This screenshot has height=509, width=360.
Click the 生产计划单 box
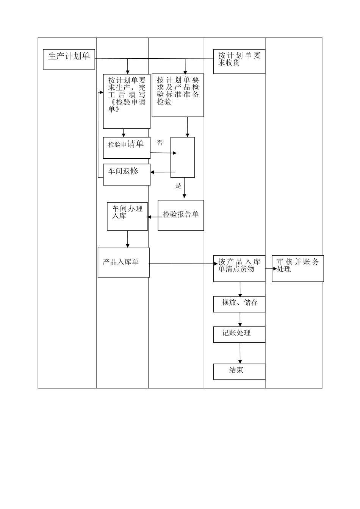point(69,59)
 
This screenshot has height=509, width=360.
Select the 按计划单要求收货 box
point(239,61)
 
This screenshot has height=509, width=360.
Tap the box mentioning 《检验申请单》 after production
point(127,101)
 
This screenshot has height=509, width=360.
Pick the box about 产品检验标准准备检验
point(178,95)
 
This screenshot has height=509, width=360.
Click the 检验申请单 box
point(127,148)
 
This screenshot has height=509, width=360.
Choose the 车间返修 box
point(127,174)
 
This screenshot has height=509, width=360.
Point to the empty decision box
point(183,157)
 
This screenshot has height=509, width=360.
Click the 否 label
point(160,143)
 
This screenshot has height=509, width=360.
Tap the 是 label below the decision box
point(178,186)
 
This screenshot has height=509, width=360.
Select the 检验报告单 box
point(181,215)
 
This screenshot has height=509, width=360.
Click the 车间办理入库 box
point(127,216)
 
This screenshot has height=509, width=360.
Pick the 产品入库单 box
point(124,262)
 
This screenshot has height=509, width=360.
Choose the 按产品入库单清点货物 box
point(239,269)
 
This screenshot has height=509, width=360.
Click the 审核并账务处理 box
point(297,269)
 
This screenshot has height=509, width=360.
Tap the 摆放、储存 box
point(239,304)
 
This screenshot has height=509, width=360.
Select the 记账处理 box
point(239,334)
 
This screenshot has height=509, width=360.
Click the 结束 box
point(239,372)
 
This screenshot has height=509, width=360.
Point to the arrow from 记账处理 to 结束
point(239,353)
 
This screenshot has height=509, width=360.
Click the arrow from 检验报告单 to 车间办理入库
point(153,217)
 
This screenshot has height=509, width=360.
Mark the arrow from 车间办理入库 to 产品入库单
point(128,239)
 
